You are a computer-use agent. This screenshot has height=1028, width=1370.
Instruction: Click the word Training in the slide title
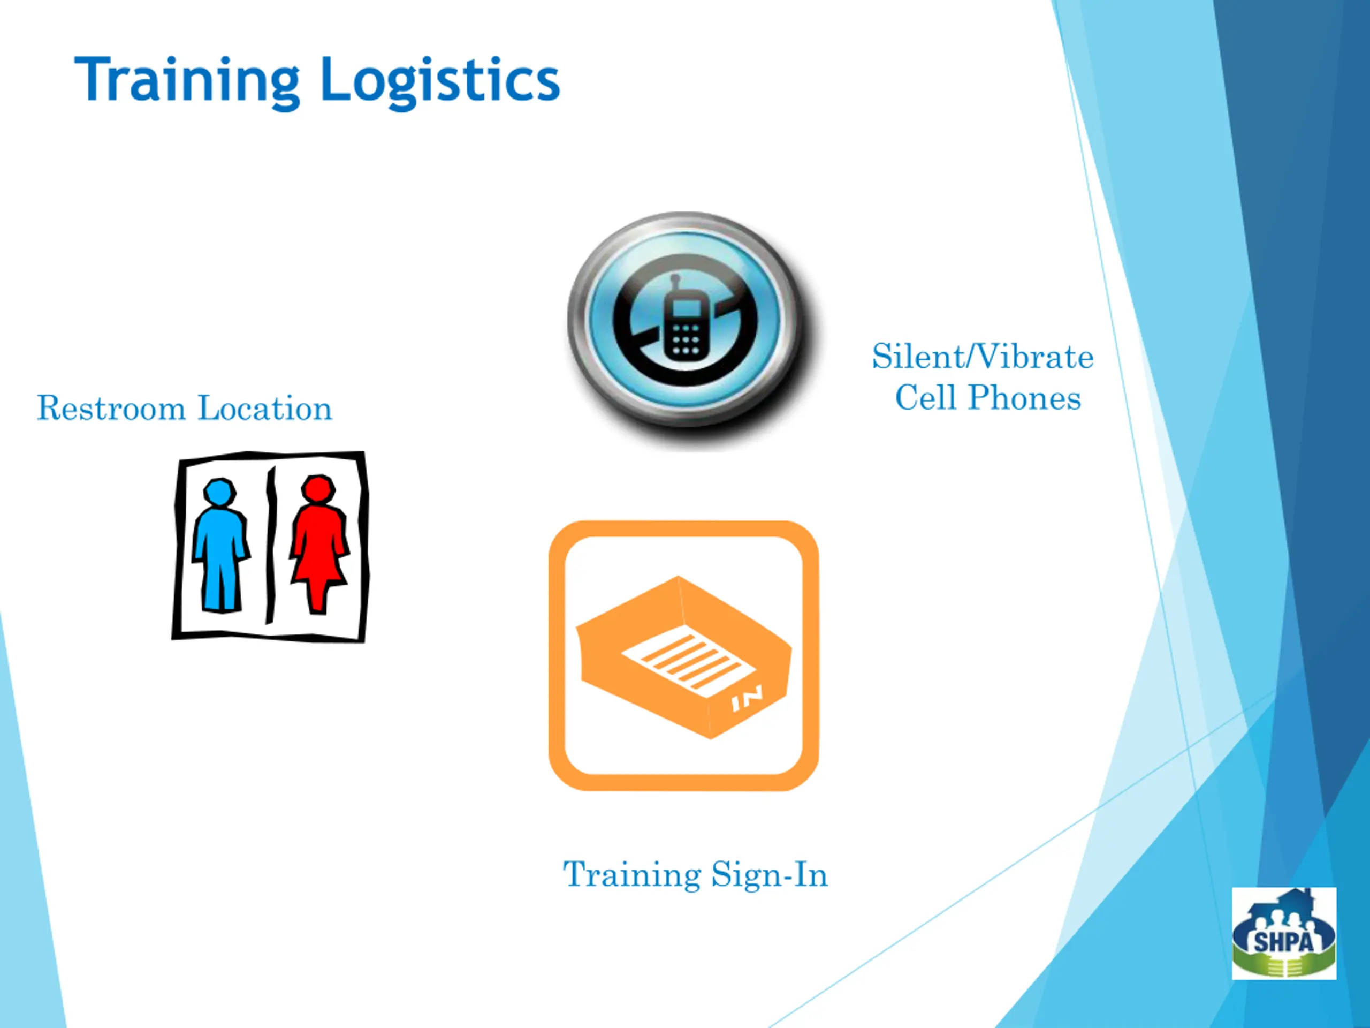pos(186,80)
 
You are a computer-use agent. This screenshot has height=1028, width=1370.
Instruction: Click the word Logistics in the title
pos(440,82)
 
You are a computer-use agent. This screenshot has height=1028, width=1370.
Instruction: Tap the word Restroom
pos(111,409)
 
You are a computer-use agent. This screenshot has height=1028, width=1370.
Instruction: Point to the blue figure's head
pos(220,492)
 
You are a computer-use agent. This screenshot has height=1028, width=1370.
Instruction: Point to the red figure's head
pos(319,489)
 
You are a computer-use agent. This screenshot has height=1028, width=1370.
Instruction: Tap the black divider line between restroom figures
pos(271,545)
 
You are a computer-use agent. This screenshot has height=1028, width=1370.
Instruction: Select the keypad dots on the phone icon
pos(686,340)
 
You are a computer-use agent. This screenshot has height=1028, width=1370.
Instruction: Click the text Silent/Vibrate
pos(983,357)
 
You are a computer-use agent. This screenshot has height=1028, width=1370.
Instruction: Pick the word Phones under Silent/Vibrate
pos(1024,398)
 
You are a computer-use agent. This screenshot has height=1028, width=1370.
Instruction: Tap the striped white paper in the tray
pos(688,661)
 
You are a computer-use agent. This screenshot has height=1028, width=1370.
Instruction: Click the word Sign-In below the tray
pos(769,874)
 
